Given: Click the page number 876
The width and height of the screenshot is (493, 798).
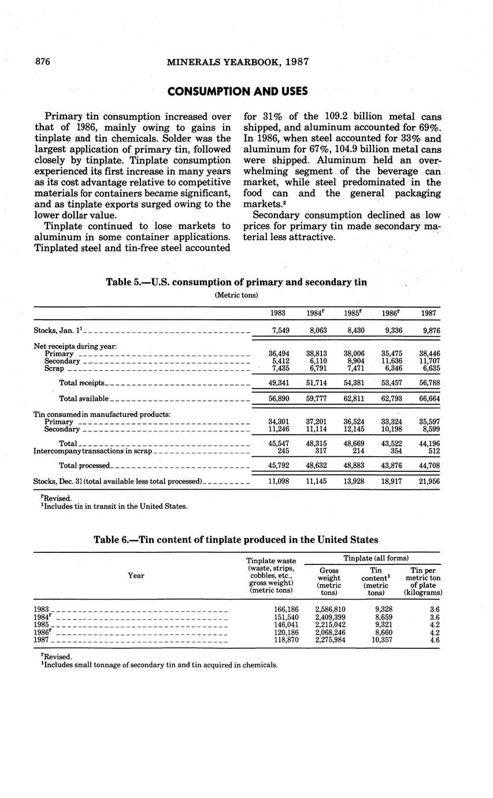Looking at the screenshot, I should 44,62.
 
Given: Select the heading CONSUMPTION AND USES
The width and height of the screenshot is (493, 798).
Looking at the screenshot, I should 238,91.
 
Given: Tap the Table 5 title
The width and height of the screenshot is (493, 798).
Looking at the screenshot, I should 236,282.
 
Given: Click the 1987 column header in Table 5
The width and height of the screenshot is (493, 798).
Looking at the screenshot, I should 428,313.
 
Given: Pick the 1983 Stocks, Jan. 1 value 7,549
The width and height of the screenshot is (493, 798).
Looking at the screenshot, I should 279,331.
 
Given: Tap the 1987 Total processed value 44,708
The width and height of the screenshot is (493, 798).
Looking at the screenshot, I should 428,465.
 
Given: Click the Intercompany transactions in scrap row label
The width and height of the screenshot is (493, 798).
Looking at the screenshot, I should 92,451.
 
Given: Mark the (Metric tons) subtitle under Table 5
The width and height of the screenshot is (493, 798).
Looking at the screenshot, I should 236,295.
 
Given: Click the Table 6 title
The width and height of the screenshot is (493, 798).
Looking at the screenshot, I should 236,540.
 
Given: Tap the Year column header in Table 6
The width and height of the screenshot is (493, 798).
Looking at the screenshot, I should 136,575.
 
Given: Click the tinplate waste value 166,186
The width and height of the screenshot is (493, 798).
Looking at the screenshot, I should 286,609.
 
